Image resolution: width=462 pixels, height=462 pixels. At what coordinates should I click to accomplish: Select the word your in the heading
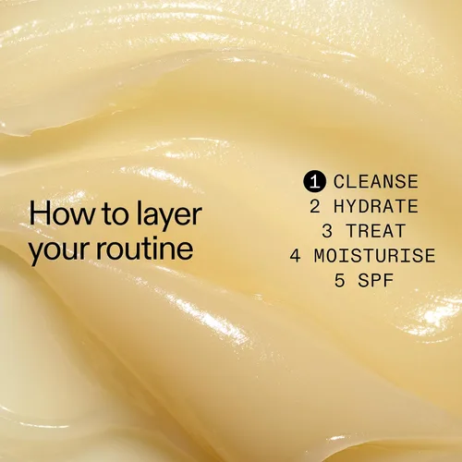pos(58,250)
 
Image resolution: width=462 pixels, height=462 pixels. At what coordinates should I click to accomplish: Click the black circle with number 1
pos(314,182)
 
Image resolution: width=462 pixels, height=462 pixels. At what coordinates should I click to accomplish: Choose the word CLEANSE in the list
pos(376,181)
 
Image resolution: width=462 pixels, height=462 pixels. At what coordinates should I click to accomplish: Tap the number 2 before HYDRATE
pos(315,206)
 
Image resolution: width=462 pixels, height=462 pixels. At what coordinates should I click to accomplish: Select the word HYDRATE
pos(376,206)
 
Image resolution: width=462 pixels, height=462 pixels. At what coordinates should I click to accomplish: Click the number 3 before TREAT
pos(327,231)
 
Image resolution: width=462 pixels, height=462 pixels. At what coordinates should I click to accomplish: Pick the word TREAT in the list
pos(376,231)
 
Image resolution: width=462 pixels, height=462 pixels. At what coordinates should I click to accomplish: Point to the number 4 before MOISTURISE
pos(295,256)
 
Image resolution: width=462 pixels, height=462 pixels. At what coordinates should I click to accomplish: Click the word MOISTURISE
pos(375,256)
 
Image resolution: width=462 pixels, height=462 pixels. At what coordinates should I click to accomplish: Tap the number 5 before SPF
pos(340,281)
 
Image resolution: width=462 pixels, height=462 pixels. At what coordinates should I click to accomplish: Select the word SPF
pos(376,281)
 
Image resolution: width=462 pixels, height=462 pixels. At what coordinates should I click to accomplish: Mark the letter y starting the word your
pos(36,253)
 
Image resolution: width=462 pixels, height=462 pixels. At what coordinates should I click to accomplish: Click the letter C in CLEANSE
pos(339,181)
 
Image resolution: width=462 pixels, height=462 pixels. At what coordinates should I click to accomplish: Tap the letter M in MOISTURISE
pos(320,256)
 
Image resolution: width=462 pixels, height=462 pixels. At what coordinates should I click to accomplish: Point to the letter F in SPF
pos(389,281)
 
